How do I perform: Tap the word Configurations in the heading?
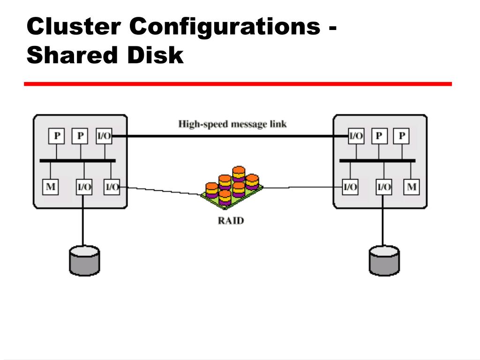tap(224, 27)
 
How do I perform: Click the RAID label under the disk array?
tap(231, 220)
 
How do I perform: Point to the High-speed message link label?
tap(232, 124)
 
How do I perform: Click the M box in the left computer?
tap(50, 187)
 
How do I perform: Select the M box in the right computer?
tap(412, 187)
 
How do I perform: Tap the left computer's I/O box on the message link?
tap(104, 136)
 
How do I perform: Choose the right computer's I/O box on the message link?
tap(356, 136)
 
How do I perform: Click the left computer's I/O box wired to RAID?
tap(112, 187)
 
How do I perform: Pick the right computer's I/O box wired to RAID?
tap(350, 187)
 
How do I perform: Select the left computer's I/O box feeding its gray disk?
tap(84, 187)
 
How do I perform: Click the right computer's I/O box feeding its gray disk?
tap(384, 187)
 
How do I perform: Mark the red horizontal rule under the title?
tap(238, 84)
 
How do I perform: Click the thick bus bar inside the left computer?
tap(77, 161)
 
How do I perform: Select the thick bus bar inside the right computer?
tap(377, 161)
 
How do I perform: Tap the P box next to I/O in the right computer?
tap(379, 136)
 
